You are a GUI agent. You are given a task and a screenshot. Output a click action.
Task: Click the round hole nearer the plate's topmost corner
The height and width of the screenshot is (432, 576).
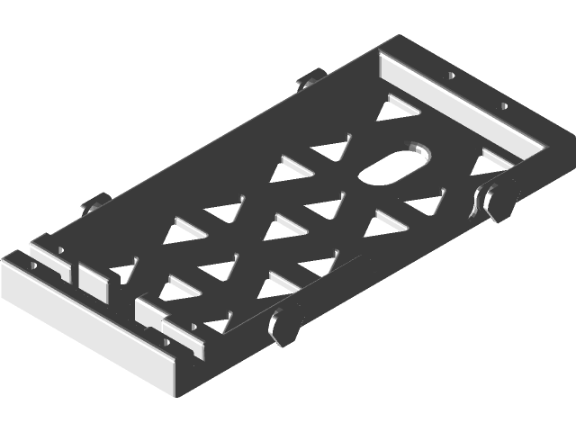pyautogui.click(x=447, y=76)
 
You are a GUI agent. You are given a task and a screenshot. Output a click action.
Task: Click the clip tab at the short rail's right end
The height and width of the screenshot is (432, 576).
pyautogui.click(x=499, y=198)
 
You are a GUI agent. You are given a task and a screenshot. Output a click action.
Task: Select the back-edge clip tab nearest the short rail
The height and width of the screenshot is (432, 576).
pyautogui.click(x=309, y=81)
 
